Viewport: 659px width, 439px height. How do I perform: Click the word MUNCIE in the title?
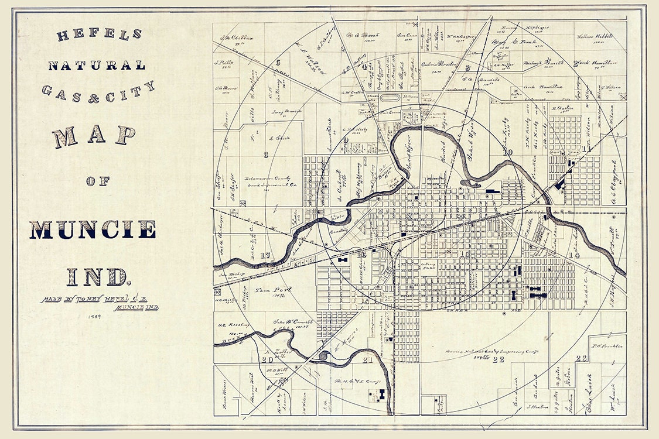pyautogui.click(x=93, y=229)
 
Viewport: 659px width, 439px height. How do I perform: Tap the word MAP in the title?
pyautogui.click(x=94, y=136)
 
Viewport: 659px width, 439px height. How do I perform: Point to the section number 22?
pyautogui.click(x=498, y=359)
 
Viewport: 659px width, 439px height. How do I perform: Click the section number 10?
pyautogui.click(x=507, y=153)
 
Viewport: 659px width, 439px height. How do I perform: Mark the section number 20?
pyautogui.click(x=267, y=359)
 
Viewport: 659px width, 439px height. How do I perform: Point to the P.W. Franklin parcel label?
pyautogui.click(x=606, y=346)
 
